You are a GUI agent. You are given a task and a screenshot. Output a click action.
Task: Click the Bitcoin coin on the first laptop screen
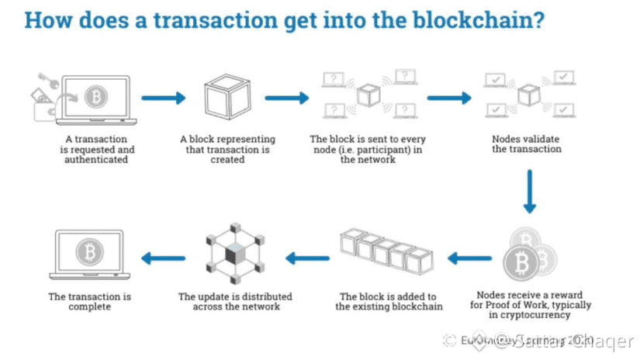point(95,97)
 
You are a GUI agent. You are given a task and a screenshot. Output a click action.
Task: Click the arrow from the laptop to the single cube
point(165,98)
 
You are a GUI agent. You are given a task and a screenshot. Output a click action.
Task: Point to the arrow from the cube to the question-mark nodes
point(288,98)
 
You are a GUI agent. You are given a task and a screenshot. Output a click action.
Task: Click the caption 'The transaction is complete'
point(89,301)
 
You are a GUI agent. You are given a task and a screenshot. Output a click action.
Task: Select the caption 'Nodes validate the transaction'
point(527,144)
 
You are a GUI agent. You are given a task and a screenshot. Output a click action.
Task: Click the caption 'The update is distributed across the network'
point(234,301)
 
